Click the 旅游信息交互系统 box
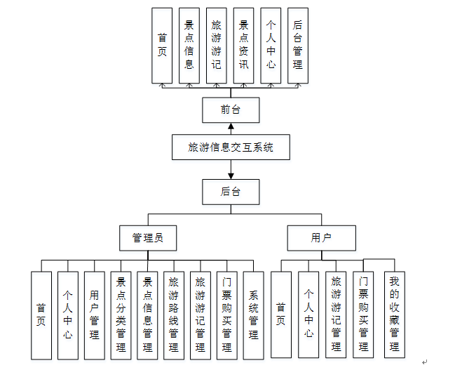coord(231,147)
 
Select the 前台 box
coord(231,110)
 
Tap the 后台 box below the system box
coord(231,190)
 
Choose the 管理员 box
coord(147,237)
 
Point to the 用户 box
coord(321,237)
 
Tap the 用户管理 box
coord(95,315)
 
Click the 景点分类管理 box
coord(121,315)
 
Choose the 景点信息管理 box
coord(148,315)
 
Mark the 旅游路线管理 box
coord(174,315)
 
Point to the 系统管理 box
coord(253,315)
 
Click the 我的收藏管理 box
coord(395,315)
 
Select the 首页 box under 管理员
coord(41,315)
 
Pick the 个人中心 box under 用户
coord(308,315)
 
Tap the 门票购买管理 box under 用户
coord(363,315)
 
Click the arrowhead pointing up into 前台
coord(231,127)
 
